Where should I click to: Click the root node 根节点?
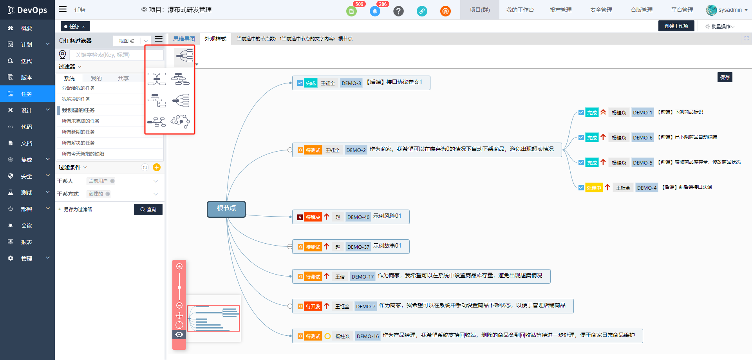(226, 208)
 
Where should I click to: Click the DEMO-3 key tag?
(351, 83)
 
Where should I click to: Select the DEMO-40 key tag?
(358, 217)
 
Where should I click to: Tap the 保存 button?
(725, 77)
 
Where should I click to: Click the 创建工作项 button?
(676, 26)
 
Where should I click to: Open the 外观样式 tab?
(215, 39)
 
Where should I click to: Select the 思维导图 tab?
(184, 39)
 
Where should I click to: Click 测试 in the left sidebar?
(27, 193)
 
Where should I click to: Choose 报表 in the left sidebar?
(27, 242)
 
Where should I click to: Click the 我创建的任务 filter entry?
(78, 110)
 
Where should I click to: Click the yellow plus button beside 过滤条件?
(157, 168)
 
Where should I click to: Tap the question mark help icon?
(398, 11)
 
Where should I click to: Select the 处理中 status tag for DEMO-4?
(594, 188)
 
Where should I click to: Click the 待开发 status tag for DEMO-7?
(313, 306)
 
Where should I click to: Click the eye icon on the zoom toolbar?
(179, 335)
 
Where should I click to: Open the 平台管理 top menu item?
(682, 10)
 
